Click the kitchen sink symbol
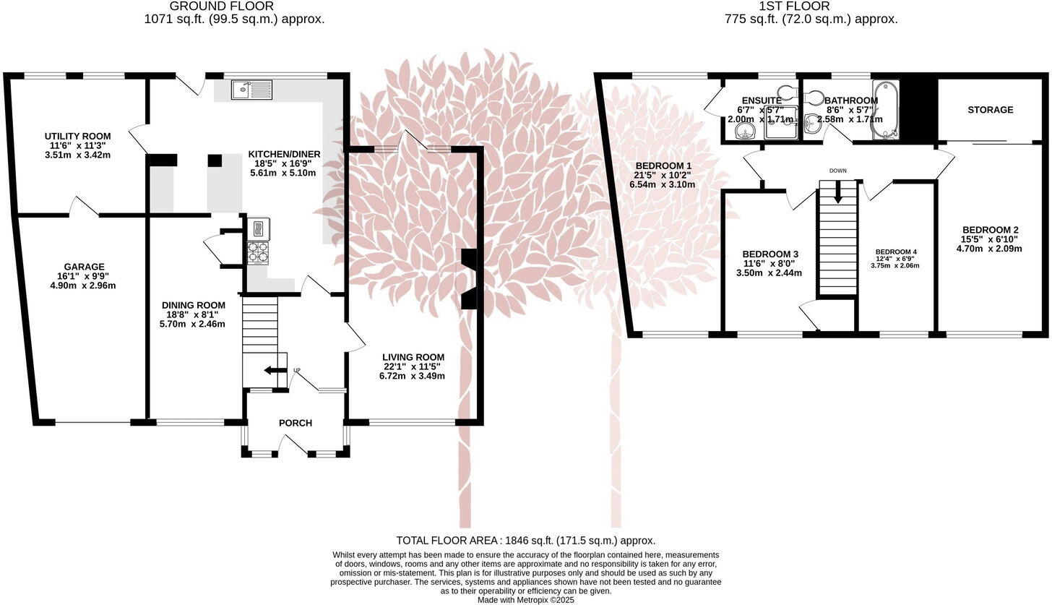pos(251,90)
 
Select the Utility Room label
pos(77,136)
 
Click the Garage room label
pos(84,267)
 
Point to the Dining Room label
pos(192,305)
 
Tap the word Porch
pos(296,423)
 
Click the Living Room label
pos(413,357)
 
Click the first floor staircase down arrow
pos(838,192)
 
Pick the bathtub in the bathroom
pos(885,110)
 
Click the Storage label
pos(990,110)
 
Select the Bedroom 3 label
pos(770,254)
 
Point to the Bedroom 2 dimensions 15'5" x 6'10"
pos(989,239)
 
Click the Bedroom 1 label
pos(663,166)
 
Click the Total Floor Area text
pos(525,541)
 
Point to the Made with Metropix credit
pos(525,600)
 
